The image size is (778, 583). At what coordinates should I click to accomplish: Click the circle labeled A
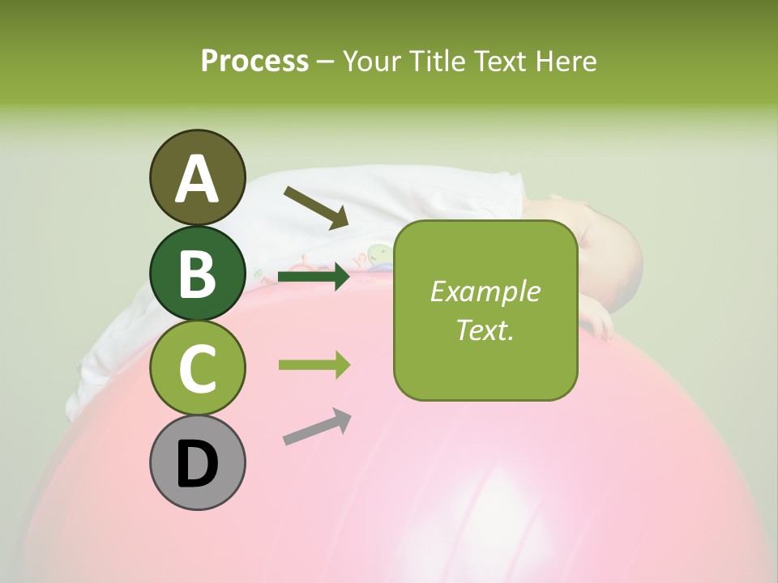(197, 177)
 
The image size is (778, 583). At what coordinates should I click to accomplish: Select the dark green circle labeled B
(197, 273)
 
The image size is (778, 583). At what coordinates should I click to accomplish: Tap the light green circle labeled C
(197, 368)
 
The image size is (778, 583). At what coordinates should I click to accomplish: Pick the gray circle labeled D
(197, 463)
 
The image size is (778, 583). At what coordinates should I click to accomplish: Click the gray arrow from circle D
(317, 427)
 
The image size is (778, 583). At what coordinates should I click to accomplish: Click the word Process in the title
(254, 61)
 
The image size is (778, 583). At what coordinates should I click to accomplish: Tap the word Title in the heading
(438, 61)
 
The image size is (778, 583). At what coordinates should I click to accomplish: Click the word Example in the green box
(485, 291)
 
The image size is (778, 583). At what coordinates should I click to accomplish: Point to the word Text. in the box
(485, 330)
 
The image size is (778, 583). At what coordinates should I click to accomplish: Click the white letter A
(197, 178)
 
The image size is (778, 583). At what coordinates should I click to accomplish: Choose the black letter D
(197, 464)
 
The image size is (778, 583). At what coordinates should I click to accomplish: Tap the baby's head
(604, 255)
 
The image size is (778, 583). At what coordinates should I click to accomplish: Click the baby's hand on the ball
(599, 324)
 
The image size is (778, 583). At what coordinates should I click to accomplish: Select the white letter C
(197, 368)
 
